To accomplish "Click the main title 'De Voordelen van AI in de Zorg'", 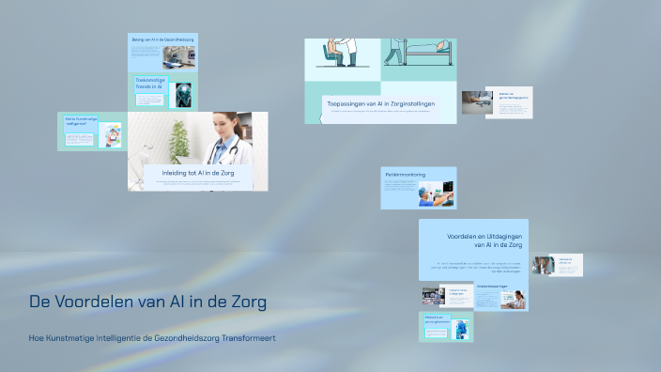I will (x=148, y=302).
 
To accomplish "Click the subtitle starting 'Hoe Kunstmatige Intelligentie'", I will (x=153, y=337).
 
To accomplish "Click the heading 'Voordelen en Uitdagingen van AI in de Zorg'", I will (x=484, y=240).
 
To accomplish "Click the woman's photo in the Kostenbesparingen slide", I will (x=515, y=299).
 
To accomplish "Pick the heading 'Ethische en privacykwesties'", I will (x=435, y=319).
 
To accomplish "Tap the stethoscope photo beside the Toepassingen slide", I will (x=476, y=101).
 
